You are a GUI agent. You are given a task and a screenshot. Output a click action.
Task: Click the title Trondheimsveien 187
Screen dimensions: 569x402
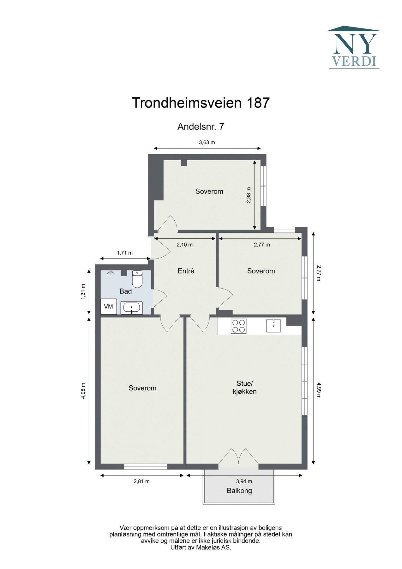201,103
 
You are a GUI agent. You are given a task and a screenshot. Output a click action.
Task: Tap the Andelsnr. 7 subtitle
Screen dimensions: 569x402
201,127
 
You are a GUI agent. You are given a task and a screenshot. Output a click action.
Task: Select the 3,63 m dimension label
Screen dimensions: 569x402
207,142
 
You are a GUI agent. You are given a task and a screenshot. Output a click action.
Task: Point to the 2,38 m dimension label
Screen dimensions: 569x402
249,195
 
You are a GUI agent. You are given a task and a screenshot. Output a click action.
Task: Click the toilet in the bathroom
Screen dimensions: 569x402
137,278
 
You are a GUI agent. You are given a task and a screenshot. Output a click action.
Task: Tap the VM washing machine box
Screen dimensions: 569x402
108,307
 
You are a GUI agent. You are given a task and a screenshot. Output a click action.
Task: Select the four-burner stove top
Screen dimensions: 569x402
238,326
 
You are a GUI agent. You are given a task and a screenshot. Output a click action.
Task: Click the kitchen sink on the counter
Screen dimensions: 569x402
273,326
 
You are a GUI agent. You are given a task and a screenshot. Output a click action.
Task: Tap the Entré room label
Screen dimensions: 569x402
186,271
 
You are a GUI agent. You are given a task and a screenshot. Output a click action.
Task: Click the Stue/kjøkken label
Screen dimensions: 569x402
245,388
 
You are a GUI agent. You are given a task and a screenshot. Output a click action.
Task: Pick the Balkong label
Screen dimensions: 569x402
239,491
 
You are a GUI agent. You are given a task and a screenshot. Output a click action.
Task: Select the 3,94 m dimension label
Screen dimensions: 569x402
244,481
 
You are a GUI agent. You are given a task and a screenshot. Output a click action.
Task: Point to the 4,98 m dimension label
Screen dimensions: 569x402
83,391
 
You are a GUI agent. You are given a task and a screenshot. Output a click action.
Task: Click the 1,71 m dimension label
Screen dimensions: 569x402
125,253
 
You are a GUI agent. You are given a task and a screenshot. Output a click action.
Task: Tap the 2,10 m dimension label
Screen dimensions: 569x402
184,245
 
